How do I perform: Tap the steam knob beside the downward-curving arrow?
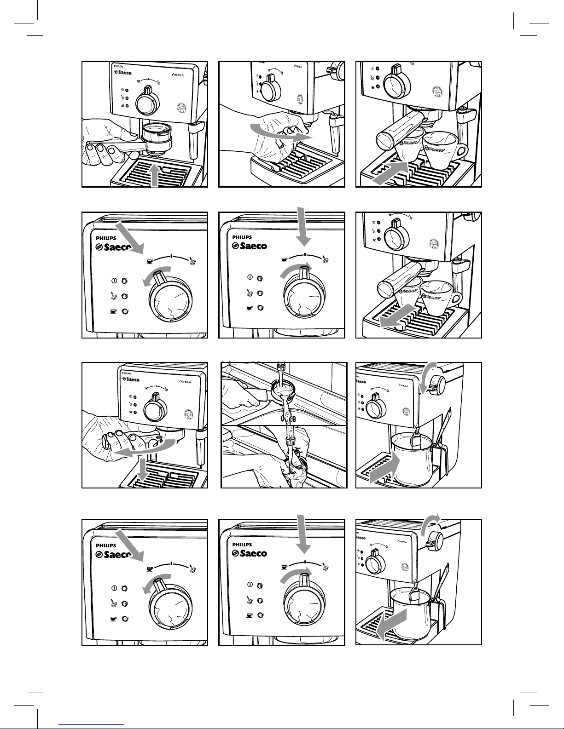tap(438, 385)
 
